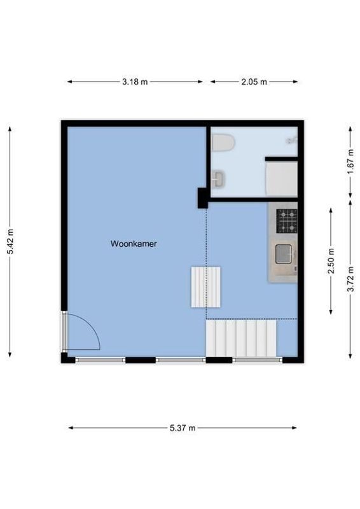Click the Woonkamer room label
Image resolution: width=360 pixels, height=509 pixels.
[134, 244]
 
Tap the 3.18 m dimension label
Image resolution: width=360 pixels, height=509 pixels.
[135, 81]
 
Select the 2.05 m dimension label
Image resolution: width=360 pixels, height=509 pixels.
[254, 81]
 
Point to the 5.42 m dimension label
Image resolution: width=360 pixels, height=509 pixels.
[10, 241]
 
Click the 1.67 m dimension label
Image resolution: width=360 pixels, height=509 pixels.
[350, 162]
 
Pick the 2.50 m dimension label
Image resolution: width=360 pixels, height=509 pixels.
[331, 261]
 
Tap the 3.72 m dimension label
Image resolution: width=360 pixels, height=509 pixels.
[350, 279]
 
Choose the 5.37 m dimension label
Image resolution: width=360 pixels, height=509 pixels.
[183, 428]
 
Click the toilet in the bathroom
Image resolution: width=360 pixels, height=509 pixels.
[222, 143]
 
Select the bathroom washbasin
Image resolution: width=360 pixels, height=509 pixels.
[218, 179]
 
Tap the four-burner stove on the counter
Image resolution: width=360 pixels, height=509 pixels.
[286, 221]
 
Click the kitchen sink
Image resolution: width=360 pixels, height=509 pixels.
[284, 254]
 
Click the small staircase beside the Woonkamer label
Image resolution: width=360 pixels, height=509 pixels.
[205, 287]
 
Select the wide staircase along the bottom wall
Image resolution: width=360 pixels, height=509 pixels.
[241, 338]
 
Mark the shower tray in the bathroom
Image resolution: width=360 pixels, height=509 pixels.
[281, 179]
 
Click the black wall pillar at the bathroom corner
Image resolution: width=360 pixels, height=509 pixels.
[202, 198]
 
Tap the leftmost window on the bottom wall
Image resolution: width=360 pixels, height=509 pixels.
[100, 360]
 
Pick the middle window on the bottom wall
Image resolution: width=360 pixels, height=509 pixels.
[181, 360]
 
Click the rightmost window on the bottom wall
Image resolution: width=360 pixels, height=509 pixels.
[257, 360]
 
